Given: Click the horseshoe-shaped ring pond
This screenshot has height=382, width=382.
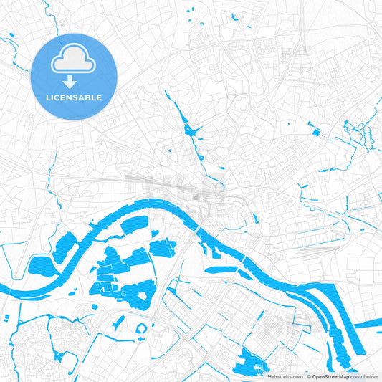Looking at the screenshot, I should tap(142, 329).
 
